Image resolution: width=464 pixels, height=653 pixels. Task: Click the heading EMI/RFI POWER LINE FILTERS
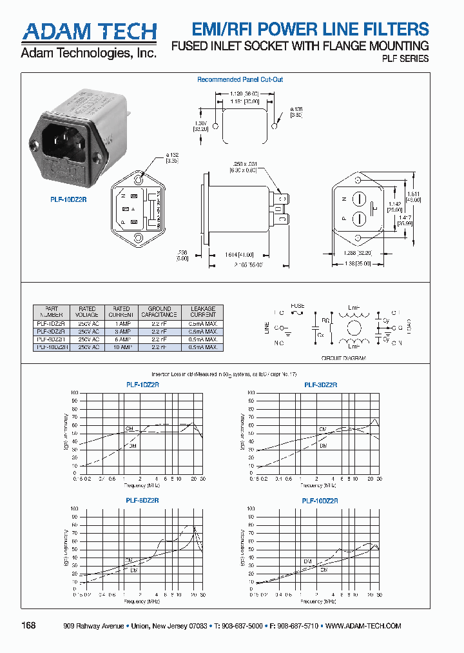point(311,29)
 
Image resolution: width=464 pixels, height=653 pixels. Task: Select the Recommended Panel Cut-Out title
point(240,80)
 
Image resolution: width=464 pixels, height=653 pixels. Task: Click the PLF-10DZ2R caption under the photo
point(68,199)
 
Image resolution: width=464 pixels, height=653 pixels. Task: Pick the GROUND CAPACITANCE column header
point(159,312)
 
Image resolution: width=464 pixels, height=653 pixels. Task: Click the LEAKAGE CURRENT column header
point(202,312)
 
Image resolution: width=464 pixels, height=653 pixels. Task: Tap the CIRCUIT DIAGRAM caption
point(343,357)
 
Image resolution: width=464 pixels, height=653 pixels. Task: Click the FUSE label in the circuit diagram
point(297,306)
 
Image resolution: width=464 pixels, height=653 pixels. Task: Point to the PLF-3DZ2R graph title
point(320,385)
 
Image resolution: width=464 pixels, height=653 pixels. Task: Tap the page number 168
point(29,626)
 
